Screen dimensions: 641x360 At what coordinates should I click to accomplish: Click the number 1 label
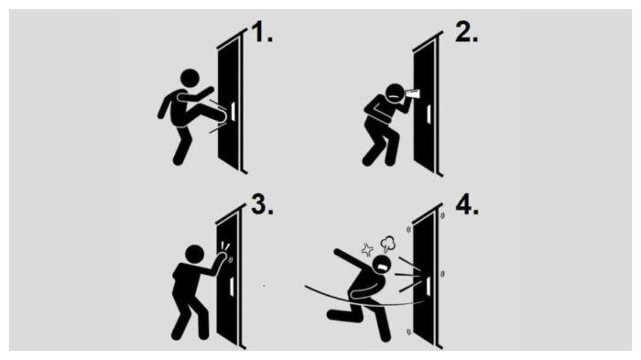click(262, 32)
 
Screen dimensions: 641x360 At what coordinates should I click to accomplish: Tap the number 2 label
click(466, 32)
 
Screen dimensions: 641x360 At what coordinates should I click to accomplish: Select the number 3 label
click(262, 204)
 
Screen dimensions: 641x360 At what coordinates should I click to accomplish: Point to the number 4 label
click(467, 204)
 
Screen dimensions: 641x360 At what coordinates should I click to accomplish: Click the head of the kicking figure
click(190, 78)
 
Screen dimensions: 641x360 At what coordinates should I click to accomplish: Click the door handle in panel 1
click(233, 111)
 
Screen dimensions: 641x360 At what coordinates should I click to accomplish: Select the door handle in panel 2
click(429, 115)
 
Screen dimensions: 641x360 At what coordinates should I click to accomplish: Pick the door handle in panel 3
click(232, 286)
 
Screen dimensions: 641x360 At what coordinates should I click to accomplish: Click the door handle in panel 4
click(429, 286)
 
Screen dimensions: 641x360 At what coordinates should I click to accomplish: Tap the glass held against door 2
click(412, 93)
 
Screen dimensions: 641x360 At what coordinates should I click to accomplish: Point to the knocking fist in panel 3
click(222, 256)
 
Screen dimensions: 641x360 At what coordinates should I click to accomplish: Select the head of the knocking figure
click(194, 254)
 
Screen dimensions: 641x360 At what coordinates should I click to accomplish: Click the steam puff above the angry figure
click(387, 244)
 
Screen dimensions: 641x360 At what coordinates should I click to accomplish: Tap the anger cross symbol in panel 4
click(367, 249)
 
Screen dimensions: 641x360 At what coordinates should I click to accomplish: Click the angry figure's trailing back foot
click(335, 314)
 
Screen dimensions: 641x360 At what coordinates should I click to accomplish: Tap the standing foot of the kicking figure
click(178, 160)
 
